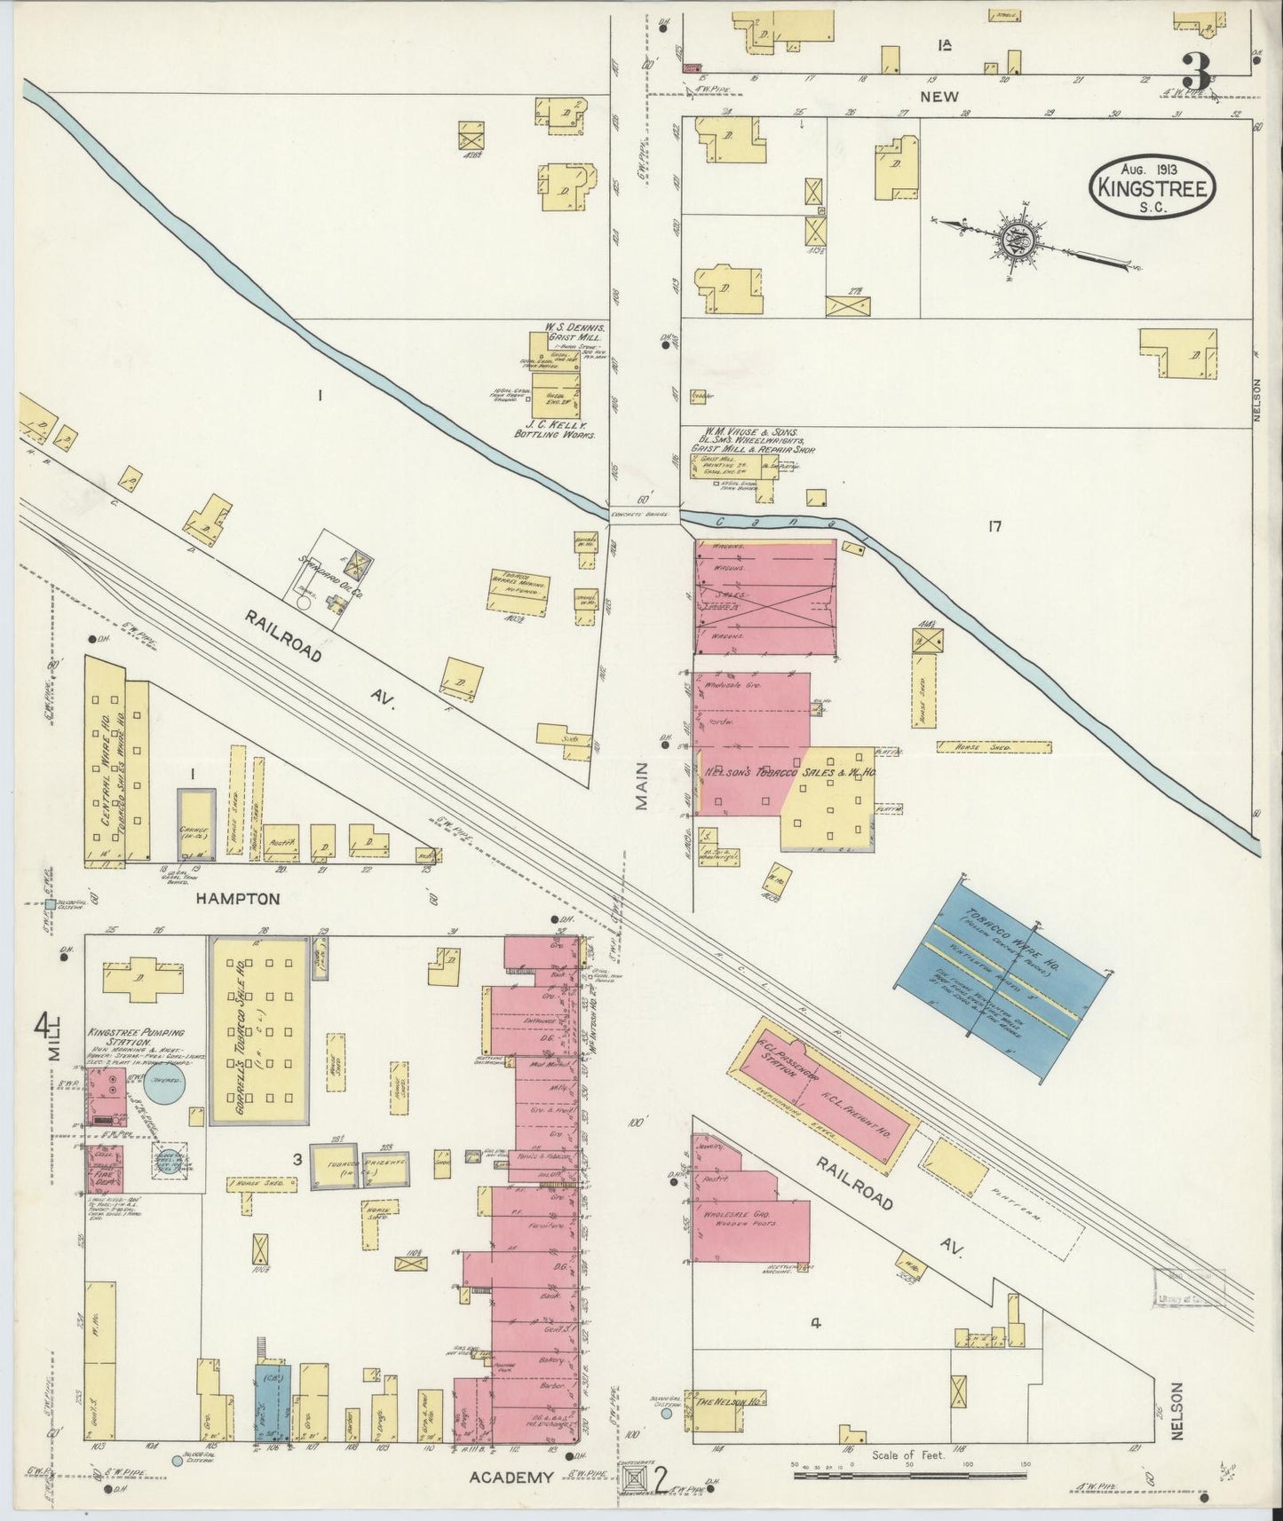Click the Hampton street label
(x=237, y=898)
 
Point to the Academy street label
(x=518, y=1476)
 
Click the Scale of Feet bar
(x=910, y=1475)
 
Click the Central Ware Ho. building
(x=105, y=760)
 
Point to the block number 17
(x=994, y=527)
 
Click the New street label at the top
(x=938, y=96)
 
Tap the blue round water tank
(x=166, y=1088)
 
